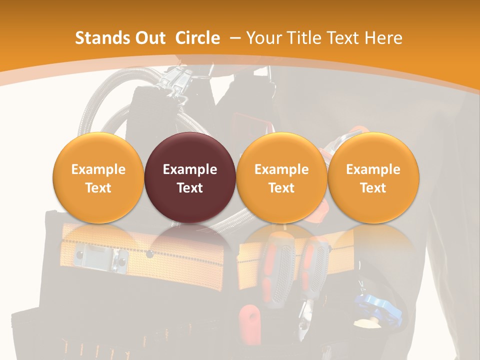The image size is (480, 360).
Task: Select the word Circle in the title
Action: (x=197, y=38)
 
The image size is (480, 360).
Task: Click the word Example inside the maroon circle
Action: (x=190, y=169)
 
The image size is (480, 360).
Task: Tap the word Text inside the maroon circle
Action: (x=190, y=188)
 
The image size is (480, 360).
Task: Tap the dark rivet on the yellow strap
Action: (x=149, y=254)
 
